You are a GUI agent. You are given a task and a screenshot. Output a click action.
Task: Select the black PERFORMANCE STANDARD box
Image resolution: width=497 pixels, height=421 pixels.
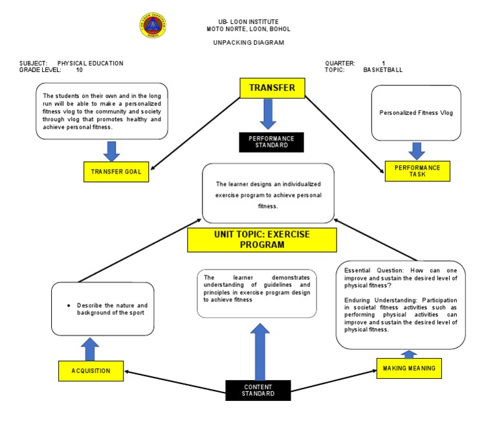point(271,142)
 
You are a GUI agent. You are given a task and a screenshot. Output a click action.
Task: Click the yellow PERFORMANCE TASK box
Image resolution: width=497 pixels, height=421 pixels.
point(417,171)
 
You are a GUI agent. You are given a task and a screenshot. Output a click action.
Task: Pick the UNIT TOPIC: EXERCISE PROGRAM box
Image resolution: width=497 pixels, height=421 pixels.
point(262,240)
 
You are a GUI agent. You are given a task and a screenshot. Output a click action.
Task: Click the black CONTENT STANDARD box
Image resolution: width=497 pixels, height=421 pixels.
point(258,390)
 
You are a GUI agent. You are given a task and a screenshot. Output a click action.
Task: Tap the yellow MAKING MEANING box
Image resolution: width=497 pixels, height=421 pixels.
point(409,368)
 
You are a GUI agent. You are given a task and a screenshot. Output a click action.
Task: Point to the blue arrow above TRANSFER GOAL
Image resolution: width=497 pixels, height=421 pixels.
point(112,150)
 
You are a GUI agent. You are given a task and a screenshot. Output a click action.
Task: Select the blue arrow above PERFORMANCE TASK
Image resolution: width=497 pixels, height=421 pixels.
point(417,150)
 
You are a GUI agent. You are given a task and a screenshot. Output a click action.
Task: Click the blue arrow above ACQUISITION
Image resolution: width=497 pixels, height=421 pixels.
point(91,349)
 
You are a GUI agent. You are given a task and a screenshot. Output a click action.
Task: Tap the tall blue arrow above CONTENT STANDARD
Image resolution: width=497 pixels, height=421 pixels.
point(260,350)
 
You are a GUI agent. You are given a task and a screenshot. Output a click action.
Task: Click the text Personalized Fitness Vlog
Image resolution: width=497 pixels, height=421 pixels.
point(416,113)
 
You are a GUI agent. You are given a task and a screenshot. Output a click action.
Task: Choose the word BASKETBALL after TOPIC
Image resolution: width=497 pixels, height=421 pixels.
point(382,70)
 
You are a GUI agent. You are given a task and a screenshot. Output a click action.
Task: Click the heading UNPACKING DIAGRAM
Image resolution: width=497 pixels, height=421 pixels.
point(248,43)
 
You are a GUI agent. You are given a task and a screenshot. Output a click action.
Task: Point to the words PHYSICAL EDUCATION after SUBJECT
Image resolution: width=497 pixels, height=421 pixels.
point(91,63)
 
